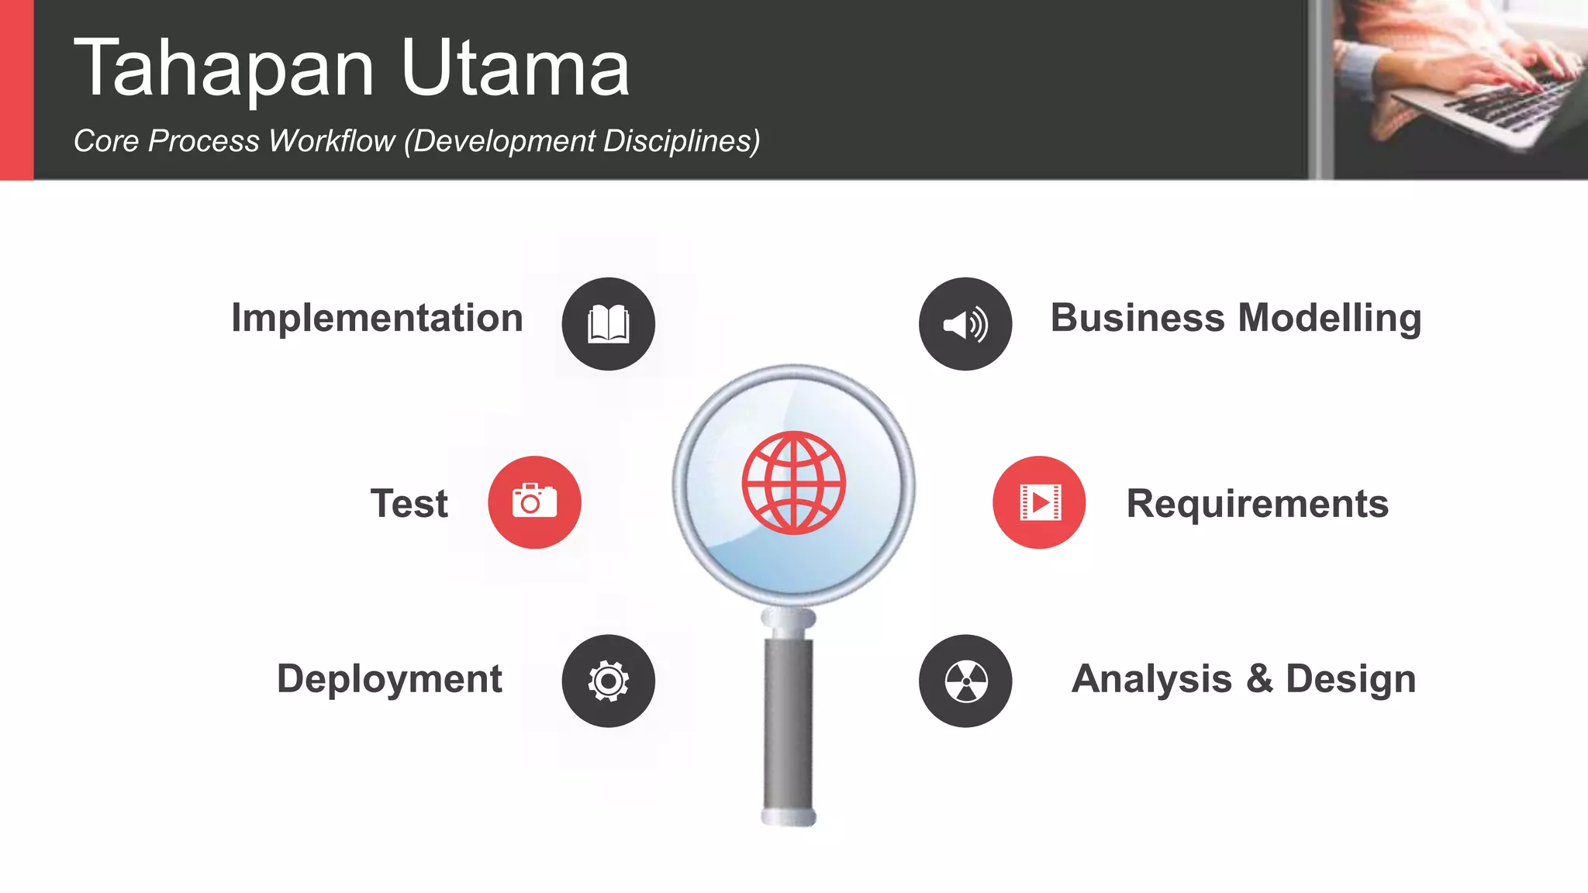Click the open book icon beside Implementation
click(609, 324)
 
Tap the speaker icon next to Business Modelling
click(965, 324)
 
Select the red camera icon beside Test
click(534, 502)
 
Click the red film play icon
click(1039, 502)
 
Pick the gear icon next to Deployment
click(609, 681)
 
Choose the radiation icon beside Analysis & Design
click(965, 681)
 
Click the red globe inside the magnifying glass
click(793, 483)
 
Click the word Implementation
click(377, 318)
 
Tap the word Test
click(409, 504)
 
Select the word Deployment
click(389, 679)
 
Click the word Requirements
click(1257, 504)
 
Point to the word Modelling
click(1330, 318)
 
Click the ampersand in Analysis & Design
click(1259, 679)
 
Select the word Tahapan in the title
click(224, 70)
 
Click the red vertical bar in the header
click(16, 89)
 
